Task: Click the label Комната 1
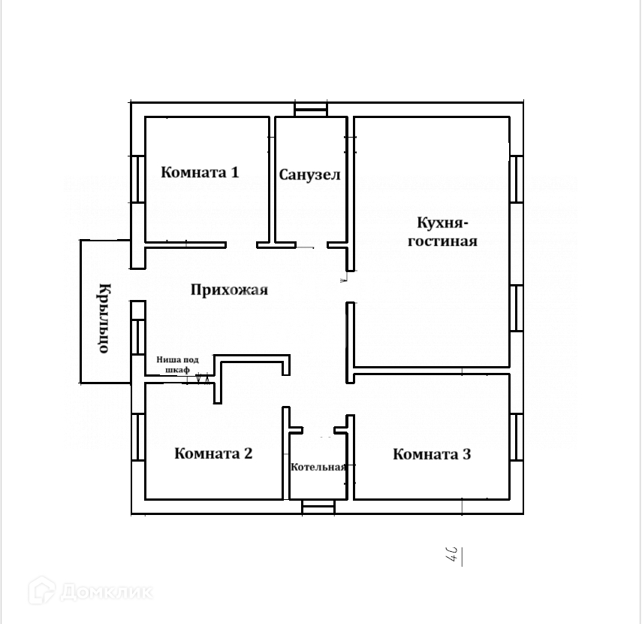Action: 200,172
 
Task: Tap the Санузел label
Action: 309,175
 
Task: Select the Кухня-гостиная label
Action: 442,232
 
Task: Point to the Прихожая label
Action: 229,290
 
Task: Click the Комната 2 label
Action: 213,453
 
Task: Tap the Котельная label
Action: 318,467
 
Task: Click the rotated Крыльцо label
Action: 105,317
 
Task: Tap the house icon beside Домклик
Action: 42,590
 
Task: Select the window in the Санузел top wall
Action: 311,111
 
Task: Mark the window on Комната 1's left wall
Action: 138,178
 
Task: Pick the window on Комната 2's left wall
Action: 138,436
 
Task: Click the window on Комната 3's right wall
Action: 517,436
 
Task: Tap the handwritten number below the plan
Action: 453,556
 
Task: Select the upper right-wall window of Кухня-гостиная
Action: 517,178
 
